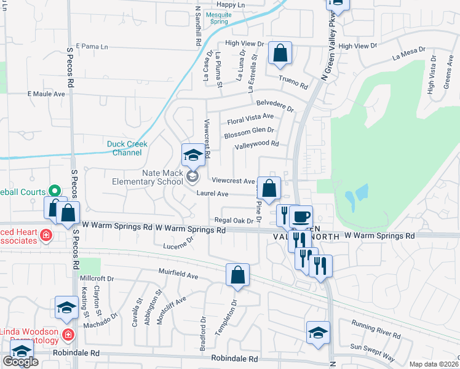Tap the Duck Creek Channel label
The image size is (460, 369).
tap(127, 148)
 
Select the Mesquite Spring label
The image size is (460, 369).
tap(216, 17)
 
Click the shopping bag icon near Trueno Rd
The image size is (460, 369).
tap(280, 54)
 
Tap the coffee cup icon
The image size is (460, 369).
tap(301, 217)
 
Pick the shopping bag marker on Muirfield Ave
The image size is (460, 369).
tap(237, 276)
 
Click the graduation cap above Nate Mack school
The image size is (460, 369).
tap(193, 156)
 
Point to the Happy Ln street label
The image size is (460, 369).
tap(231, 5)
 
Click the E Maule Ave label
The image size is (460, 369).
tap(46, 94)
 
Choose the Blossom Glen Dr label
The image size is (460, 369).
tap(249, 131)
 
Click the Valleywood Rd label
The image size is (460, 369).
tap(256, 145)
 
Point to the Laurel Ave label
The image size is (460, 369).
tap(213, 194)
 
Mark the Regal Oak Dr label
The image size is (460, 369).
tap(234, 220)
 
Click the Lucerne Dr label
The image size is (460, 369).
tap(178, 246)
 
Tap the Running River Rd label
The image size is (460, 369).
tap(376, 328)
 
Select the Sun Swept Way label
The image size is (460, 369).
tap(372, 351)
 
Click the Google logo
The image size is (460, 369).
tap(20, 362)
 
